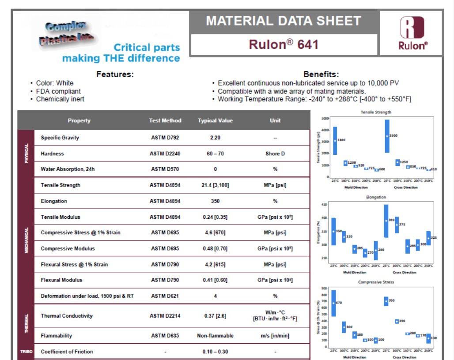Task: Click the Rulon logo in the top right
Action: (x=412, y=33)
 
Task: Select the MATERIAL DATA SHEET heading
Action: (x=283, y=21)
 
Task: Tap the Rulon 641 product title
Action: (x=283, y=45)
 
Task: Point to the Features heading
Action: (x=115, y=74)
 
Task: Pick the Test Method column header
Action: (x=165, y=120)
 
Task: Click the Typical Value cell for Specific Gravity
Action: (x=215, y=138)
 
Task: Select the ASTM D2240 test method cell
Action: (x=165, y=154)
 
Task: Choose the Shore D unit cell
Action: (x=275, y=154)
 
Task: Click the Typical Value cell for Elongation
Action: (x=215, y=201)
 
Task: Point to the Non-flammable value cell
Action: (x=215, y=336)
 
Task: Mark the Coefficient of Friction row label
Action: (x=67, y=352)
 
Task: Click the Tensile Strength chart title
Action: (x=376, y=112)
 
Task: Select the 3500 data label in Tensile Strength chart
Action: (x=393, y=136)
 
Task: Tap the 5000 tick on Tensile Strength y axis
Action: (x=325, y=119)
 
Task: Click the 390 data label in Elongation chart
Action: (x=391, y=220)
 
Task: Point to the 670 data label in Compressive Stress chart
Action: (x=339, y=303)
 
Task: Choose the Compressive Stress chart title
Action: (x=376, y=282)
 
